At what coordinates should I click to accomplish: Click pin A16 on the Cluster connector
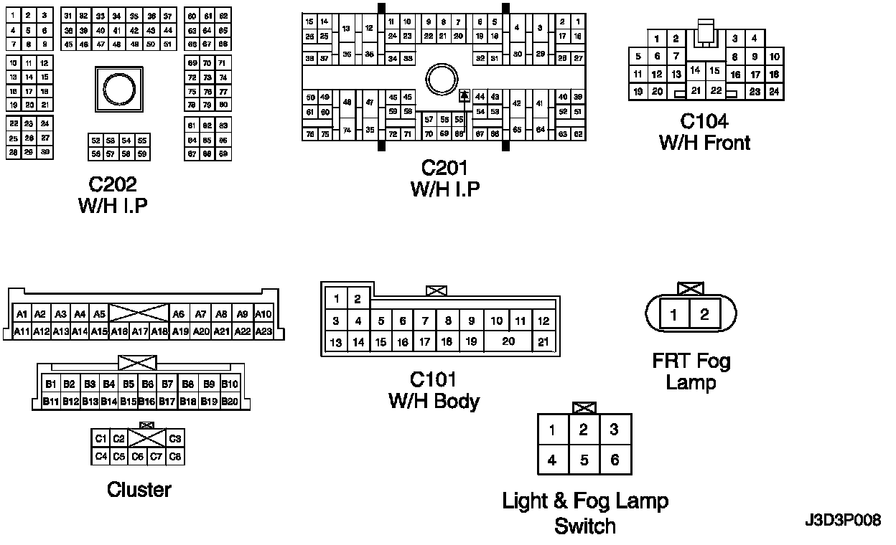point(119,331)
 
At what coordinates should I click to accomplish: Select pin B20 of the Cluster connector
point(229,402)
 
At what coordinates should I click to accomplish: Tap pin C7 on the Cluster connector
point(156,456)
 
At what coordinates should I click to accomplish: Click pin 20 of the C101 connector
point(508,341)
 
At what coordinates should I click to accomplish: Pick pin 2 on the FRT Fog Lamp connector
point(705,314)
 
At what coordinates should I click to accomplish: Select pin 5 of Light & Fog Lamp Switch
point(584,460)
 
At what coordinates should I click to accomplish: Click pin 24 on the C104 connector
point(774,92)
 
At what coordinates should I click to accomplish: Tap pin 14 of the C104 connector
point(695,70)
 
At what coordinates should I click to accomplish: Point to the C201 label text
point(444,168)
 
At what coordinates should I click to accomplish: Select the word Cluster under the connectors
point(139,490)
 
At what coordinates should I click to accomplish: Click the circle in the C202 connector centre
point(118,89)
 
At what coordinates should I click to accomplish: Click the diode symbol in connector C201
point(465,95)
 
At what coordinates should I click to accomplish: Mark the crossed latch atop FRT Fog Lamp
point(691,288)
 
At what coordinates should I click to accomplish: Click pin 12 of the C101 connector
point(543,321)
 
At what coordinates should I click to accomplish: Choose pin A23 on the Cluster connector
point(264,331)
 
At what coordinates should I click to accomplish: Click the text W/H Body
point(434,401)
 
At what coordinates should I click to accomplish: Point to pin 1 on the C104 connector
point(657,39)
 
